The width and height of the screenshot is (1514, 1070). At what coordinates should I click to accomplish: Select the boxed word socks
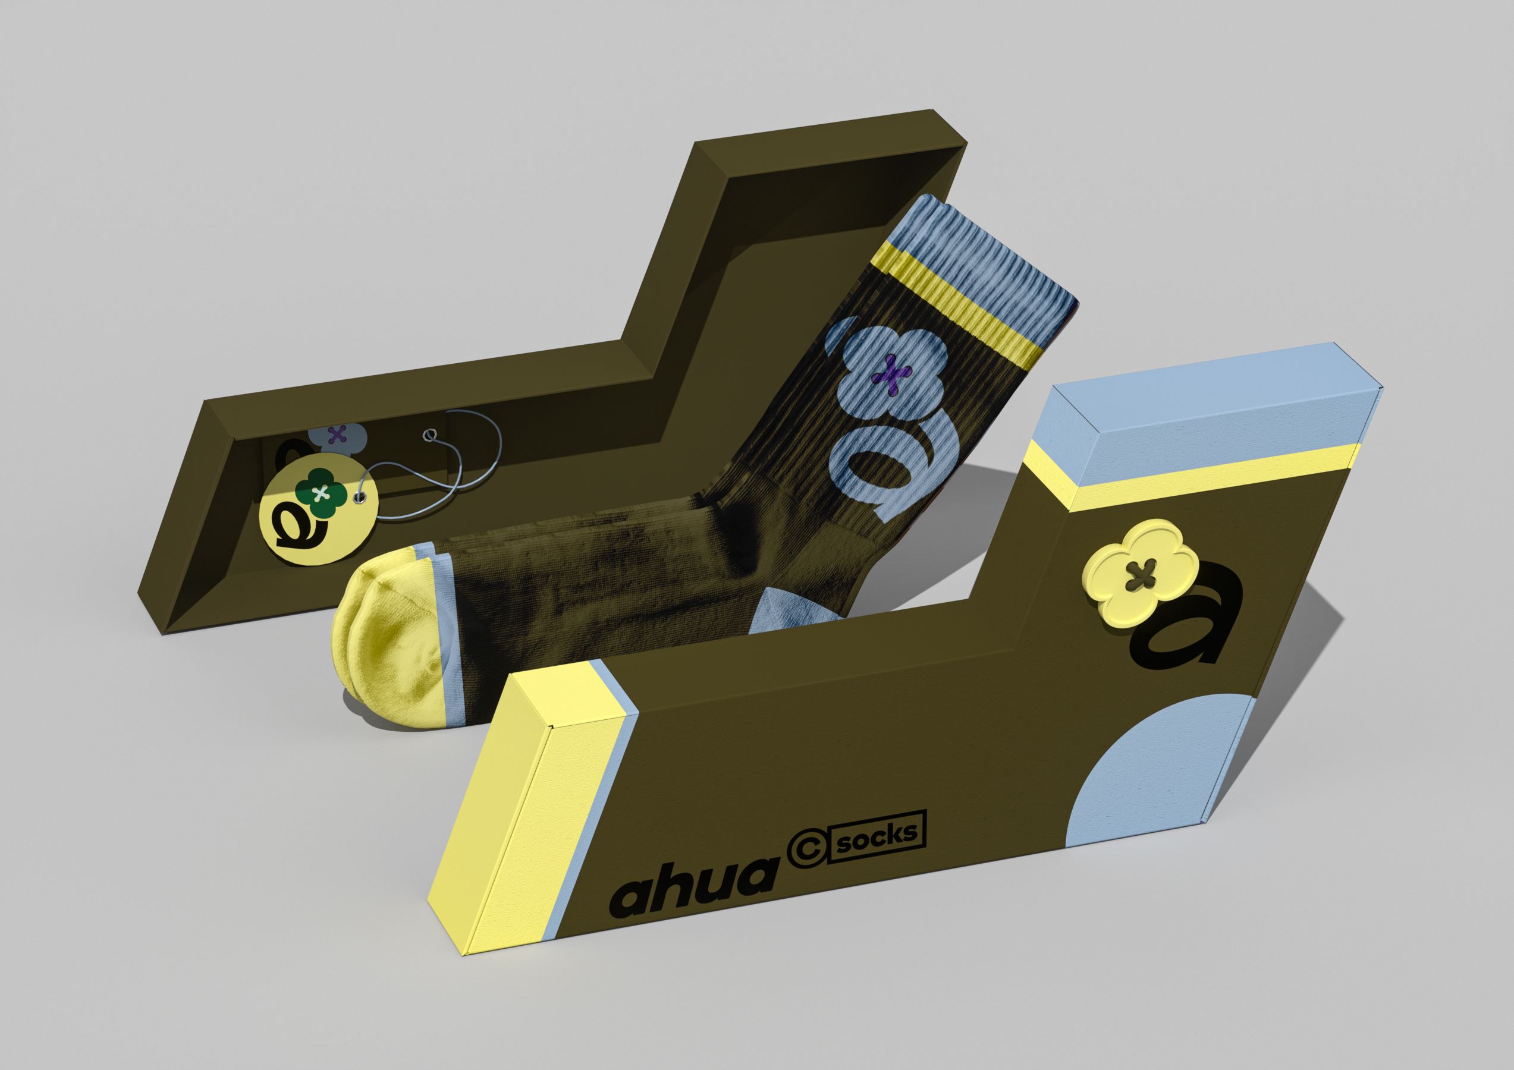point(877,835)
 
